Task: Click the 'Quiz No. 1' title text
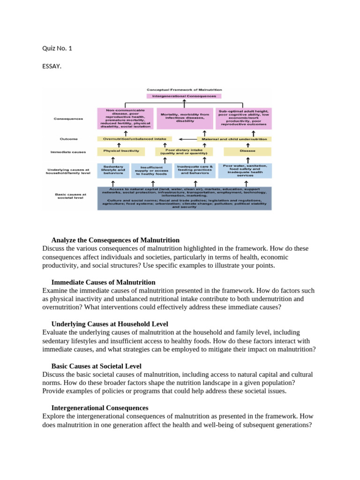[57, 48]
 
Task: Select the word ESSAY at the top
[52, 67]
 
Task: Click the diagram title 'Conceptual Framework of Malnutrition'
[184, 89]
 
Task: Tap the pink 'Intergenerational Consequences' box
[184, 96]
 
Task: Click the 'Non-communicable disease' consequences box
[125, 118]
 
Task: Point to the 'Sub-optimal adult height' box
[243, 118]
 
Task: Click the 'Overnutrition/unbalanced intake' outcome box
[135, 139]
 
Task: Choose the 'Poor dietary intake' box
[184, 151]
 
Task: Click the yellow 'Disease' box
[247, 151]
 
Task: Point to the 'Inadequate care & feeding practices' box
[195, 170]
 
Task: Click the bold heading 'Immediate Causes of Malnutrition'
[103, 282]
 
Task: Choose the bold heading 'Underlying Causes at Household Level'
[110, 324]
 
